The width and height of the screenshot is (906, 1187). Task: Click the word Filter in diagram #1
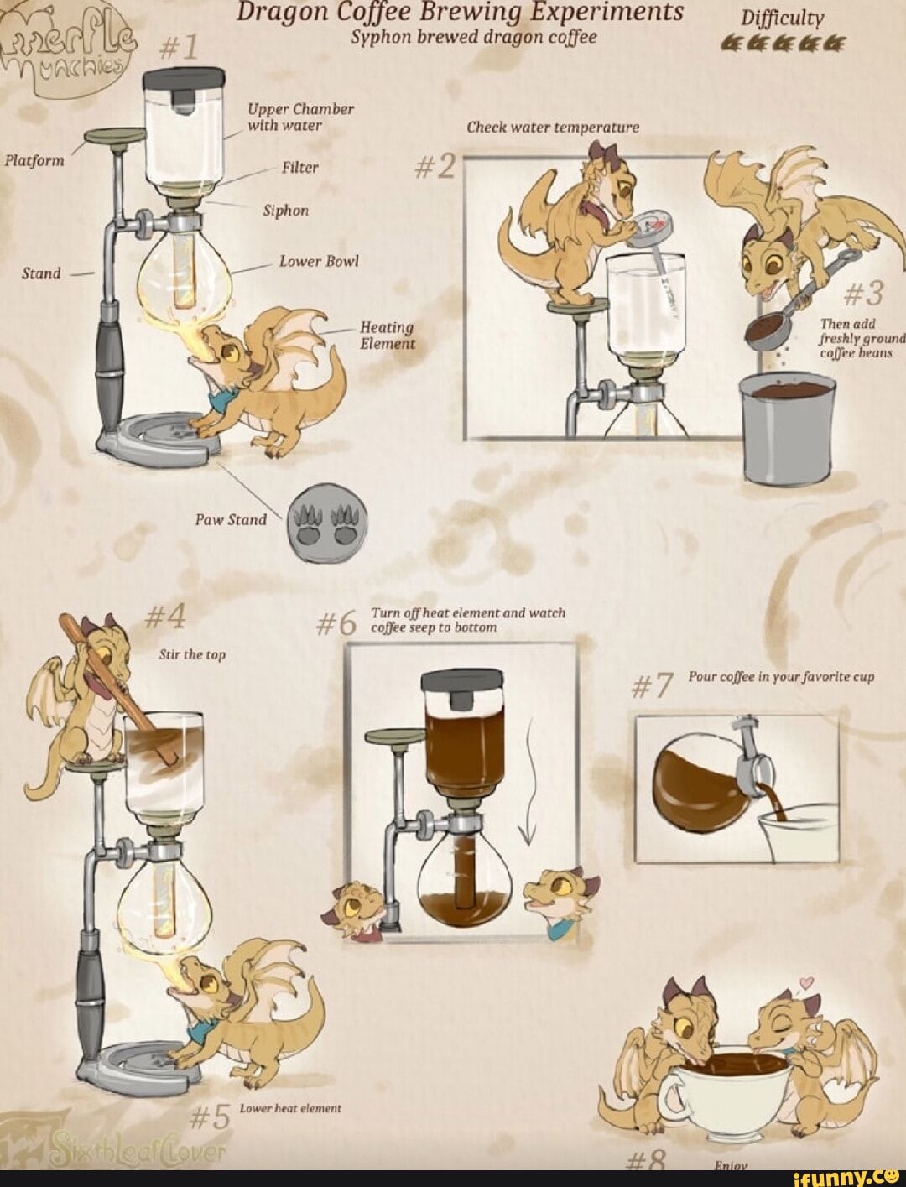(x=299, y=168)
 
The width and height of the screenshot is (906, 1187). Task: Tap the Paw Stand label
(x=231, y=520)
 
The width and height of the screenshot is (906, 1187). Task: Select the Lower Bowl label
(x=319, y=262)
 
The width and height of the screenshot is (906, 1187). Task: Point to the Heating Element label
(x=388, y=336)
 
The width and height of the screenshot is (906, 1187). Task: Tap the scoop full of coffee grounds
(x=765, y=332)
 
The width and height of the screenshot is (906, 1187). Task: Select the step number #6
(x=339, y=625)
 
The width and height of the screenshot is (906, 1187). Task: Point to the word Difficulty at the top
(x=783, y=18)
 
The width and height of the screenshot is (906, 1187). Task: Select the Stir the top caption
(x=192, y=655)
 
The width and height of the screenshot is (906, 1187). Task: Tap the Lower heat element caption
(x=290, y=1108)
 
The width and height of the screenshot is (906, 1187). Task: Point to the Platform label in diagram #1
(x=34, y=160)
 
